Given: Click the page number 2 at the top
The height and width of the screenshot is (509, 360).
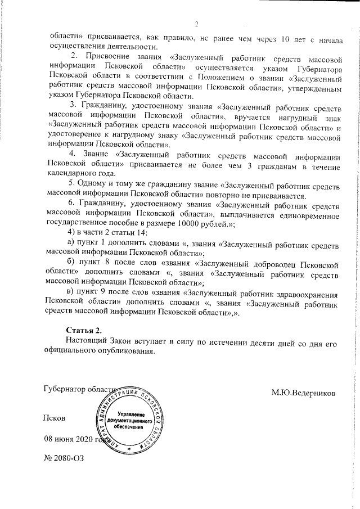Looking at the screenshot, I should (197, 24).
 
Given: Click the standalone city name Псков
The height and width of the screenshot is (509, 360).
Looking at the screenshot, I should (55, 418).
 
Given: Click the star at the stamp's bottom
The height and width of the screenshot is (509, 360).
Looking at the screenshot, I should (129, 449).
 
